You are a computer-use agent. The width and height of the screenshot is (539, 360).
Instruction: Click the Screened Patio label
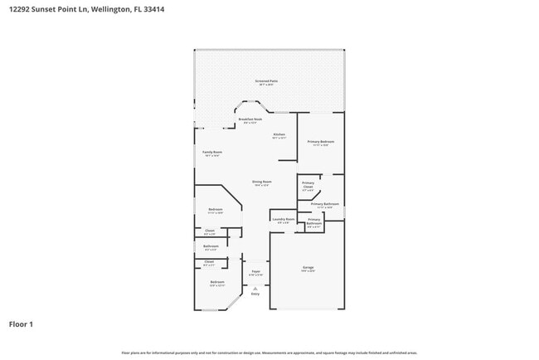click(x=267, y=81)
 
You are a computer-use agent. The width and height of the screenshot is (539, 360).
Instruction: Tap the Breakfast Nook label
click(x=250, y=119)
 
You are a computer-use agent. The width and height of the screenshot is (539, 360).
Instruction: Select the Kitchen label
click(x=279, y=134)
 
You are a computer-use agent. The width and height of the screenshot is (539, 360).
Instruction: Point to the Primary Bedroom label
click(x=320, y=142)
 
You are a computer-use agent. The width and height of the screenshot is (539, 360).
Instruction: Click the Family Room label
click(x=212, y=153)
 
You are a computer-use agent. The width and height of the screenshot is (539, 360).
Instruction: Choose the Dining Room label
click(x=262, y=182)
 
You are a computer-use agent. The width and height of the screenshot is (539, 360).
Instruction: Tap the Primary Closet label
click(x=308, y=185)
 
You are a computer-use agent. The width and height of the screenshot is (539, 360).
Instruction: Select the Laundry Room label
click(x=283, y=219)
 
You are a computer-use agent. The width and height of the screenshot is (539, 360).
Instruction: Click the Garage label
click(x=308, y=267)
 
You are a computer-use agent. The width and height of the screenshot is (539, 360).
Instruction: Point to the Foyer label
click(x=255, y=271)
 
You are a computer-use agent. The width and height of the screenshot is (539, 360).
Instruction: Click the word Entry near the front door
click(x=255, y=294)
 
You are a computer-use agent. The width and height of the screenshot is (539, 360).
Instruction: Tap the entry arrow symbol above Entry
click(x=255, y=288)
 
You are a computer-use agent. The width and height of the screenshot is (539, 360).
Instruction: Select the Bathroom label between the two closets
click(x=211, y=246)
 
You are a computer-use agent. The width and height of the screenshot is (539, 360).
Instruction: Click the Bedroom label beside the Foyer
click(x=217, y=282)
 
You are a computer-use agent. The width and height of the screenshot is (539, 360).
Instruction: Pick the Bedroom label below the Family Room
click(x=216, y=210)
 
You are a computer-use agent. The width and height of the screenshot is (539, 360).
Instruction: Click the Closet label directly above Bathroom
click(x=210, y=231)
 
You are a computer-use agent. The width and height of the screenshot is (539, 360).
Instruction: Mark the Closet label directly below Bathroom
click(x=209, y=262)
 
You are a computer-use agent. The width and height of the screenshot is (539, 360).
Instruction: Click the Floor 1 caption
click(x=21, y=324)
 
